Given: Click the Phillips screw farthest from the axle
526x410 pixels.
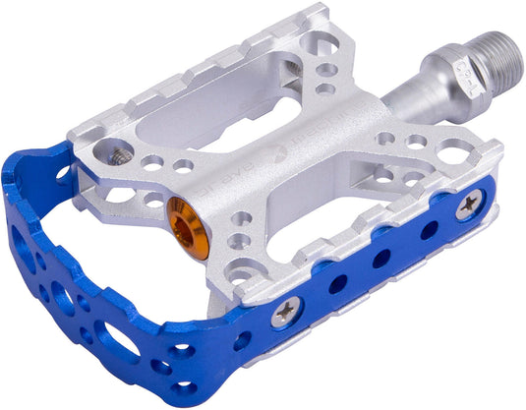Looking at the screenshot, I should pos(286,313).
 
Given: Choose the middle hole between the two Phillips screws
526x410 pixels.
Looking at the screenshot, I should pos(381,258).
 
